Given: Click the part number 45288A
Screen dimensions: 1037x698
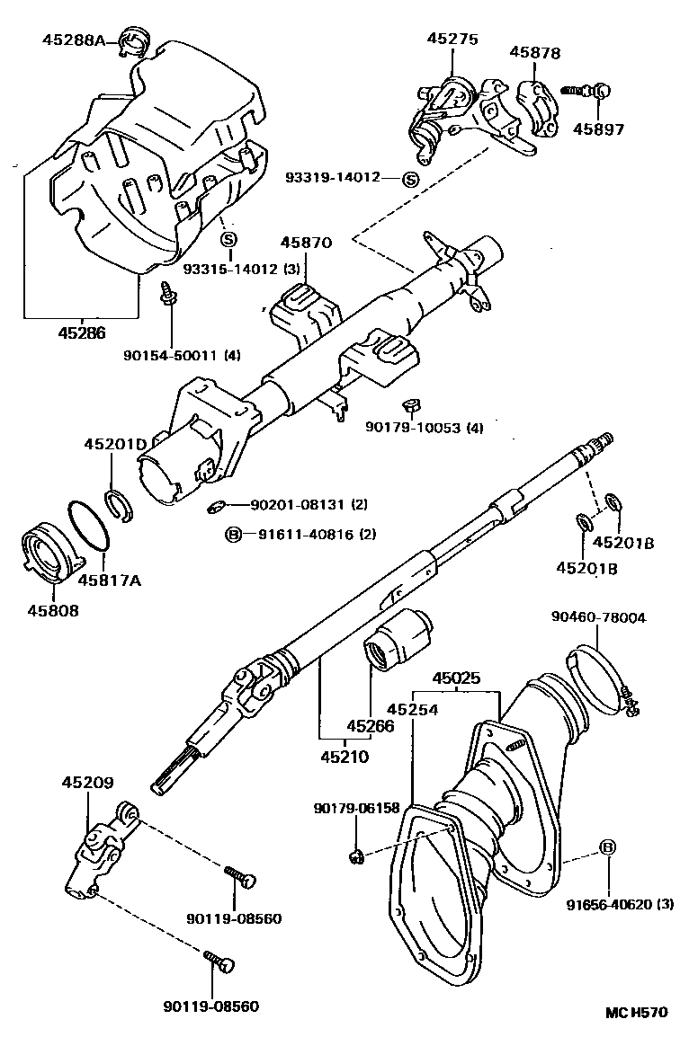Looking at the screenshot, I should tap(74, 39).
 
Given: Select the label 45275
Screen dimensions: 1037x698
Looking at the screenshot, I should tap(452, 40).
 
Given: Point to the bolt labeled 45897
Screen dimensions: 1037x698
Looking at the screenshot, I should tap(593, 90).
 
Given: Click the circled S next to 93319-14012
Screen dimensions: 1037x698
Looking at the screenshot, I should tap(411, 179).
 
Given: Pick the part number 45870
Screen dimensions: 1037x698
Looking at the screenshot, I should tap(306, 243).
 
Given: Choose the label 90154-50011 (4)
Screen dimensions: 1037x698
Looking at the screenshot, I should tap(182, 355).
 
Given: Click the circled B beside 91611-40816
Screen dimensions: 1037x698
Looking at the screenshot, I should tap(234, 535).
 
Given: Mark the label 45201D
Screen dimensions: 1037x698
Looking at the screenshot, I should tap(115, 444).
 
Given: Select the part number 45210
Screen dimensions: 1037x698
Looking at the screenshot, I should tap(345, 757).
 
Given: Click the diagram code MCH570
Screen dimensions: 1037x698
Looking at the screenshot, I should tap(636, 1013).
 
